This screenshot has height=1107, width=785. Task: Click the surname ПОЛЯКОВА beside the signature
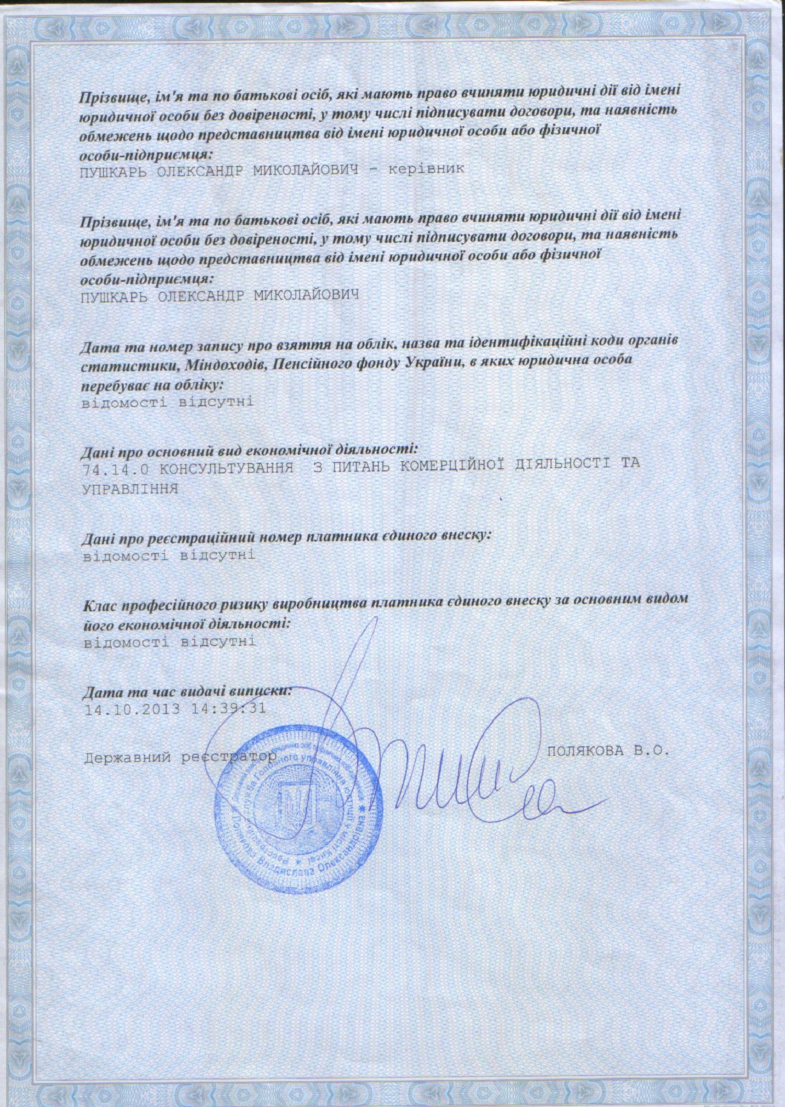[586, 750]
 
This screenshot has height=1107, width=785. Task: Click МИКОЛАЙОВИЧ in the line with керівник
[304, 170]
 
